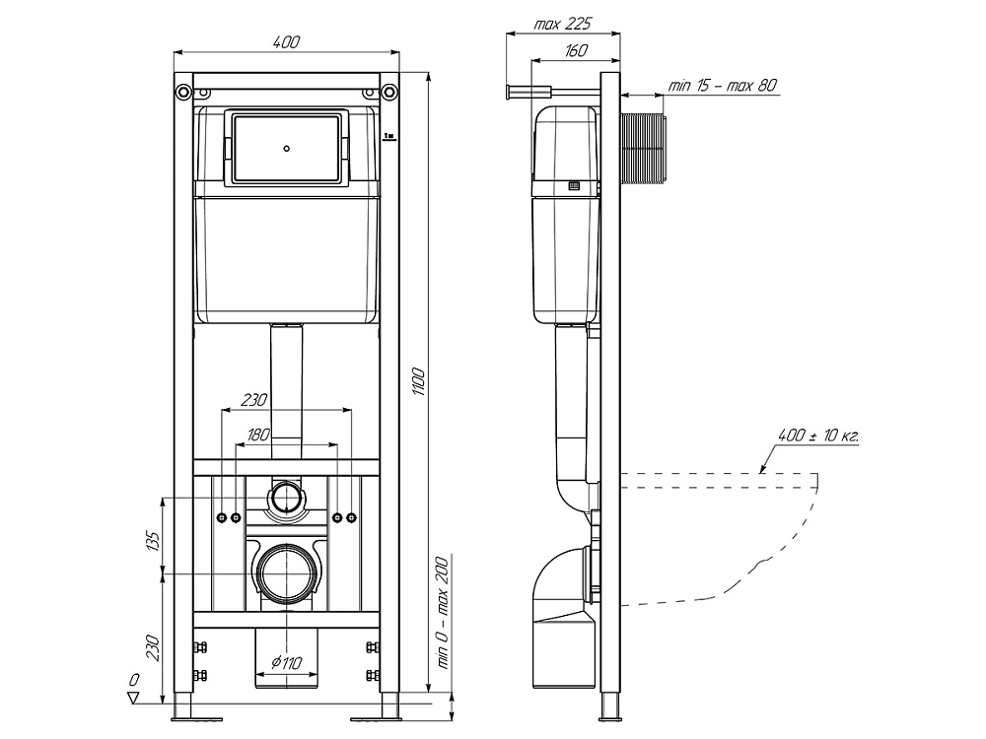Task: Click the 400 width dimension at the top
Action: [287, 42]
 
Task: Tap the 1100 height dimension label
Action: [419, 382]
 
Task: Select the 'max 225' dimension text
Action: [563, 24]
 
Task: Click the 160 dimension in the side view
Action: [576, 50]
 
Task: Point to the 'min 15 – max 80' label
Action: [722, 85]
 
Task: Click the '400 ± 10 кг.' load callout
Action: [818, 435]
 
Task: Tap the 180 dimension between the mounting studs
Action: [258, 435]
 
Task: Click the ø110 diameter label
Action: [287, 662]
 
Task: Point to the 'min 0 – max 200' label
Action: [444, 613]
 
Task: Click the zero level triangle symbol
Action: [133, 698]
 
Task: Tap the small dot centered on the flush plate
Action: [287, 149]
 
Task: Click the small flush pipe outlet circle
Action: [287, 497]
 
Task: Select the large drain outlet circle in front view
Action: [287, 571]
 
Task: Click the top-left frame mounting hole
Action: [183, 91]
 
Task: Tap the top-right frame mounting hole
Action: [390, 91]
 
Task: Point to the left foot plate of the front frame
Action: [197, 718]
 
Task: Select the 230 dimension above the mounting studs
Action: [254, 400]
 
